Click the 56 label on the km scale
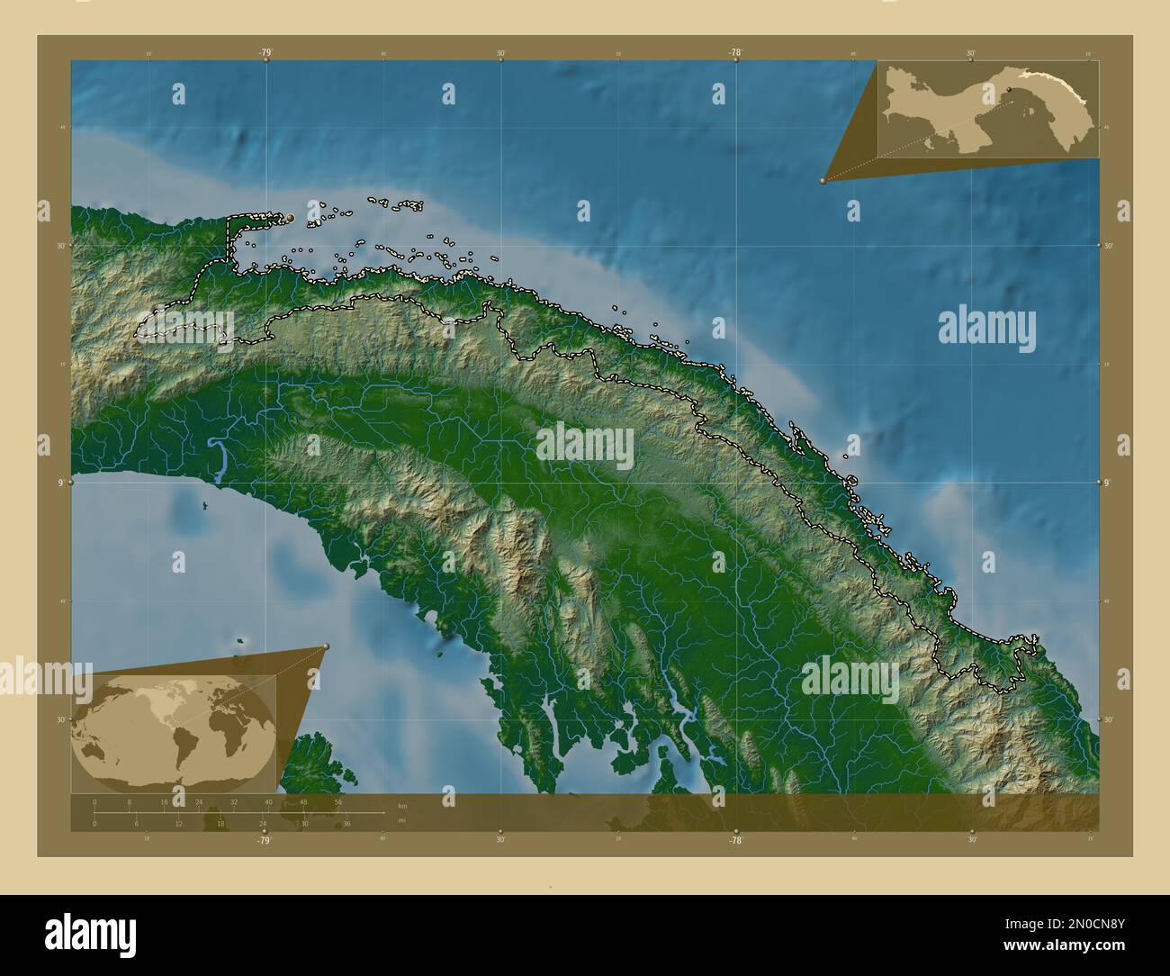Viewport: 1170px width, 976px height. pos(337,801)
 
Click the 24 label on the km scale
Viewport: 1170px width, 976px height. pos(199,801)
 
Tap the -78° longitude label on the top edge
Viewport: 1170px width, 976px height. pos(735,53)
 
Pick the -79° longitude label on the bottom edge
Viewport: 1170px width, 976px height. pos(264,840)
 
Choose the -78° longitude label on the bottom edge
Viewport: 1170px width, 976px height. pos(735,840)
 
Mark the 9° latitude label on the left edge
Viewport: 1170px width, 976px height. pos(61,483)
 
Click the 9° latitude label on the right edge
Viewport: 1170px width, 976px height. pos(1108,483)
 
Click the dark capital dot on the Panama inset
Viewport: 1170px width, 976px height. pos(1010,89)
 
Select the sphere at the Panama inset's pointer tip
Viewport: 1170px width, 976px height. pos(823,181)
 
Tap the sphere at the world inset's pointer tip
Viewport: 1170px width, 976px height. pos(326,646)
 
